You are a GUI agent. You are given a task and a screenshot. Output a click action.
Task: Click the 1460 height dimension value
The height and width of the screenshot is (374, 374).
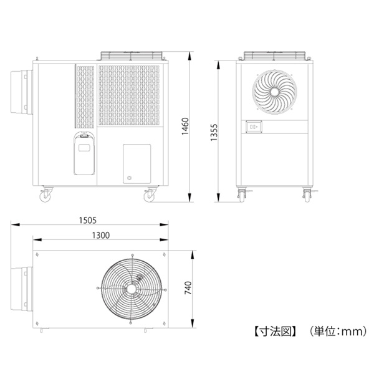[185, 127]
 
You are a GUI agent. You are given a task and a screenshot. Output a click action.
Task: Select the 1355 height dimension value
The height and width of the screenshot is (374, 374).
[214, 132]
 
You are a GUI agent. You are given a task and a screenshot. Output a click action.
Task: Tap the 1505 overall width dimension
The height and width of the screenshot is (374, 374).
[88, 221]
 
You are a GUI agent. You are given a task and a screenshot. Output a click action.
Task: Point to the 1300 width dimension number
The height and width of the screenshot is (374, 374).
[101, 236]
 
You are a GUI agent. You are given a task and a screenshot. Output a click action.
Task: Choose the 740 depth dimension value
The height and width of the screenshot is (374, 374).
[188, 288]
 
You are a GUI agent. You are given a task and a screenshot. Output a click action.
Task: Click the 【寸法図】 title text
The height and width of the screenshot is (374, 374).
[276, 332]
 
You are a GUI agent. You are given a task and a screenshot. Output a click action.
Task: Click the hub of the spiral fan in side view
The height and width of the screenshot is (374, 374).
[274, 92]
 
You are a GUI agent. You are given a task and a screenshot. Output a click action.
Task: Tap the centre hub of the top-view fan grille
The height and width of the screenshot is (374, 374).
[131, 289]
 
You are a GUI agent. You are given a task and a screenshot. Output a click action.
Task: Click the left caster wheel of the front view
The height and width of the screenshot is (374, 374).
[46, 197]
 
